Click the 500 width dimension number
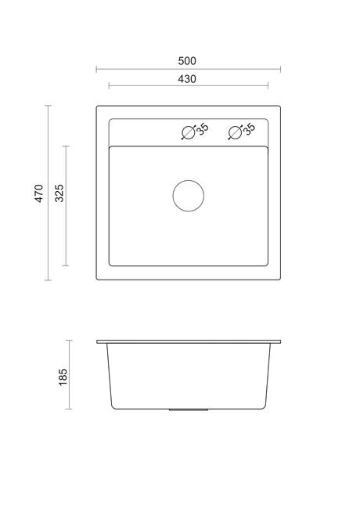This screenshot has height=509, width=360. tap(187, 61)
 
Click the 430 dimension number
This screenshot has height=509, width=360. tap(187, 79)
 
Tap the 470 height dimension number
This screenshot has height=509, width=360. tap(39, 193)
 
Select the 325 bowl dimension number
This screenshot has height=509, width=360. tap(59, 193)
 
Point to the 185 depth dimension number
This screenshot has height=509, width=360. tap(63, 377)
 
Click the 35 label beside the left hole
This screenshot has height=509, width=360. tap(203, 129)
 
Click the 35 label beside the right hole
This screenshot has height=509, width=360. tap(249, 129)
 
